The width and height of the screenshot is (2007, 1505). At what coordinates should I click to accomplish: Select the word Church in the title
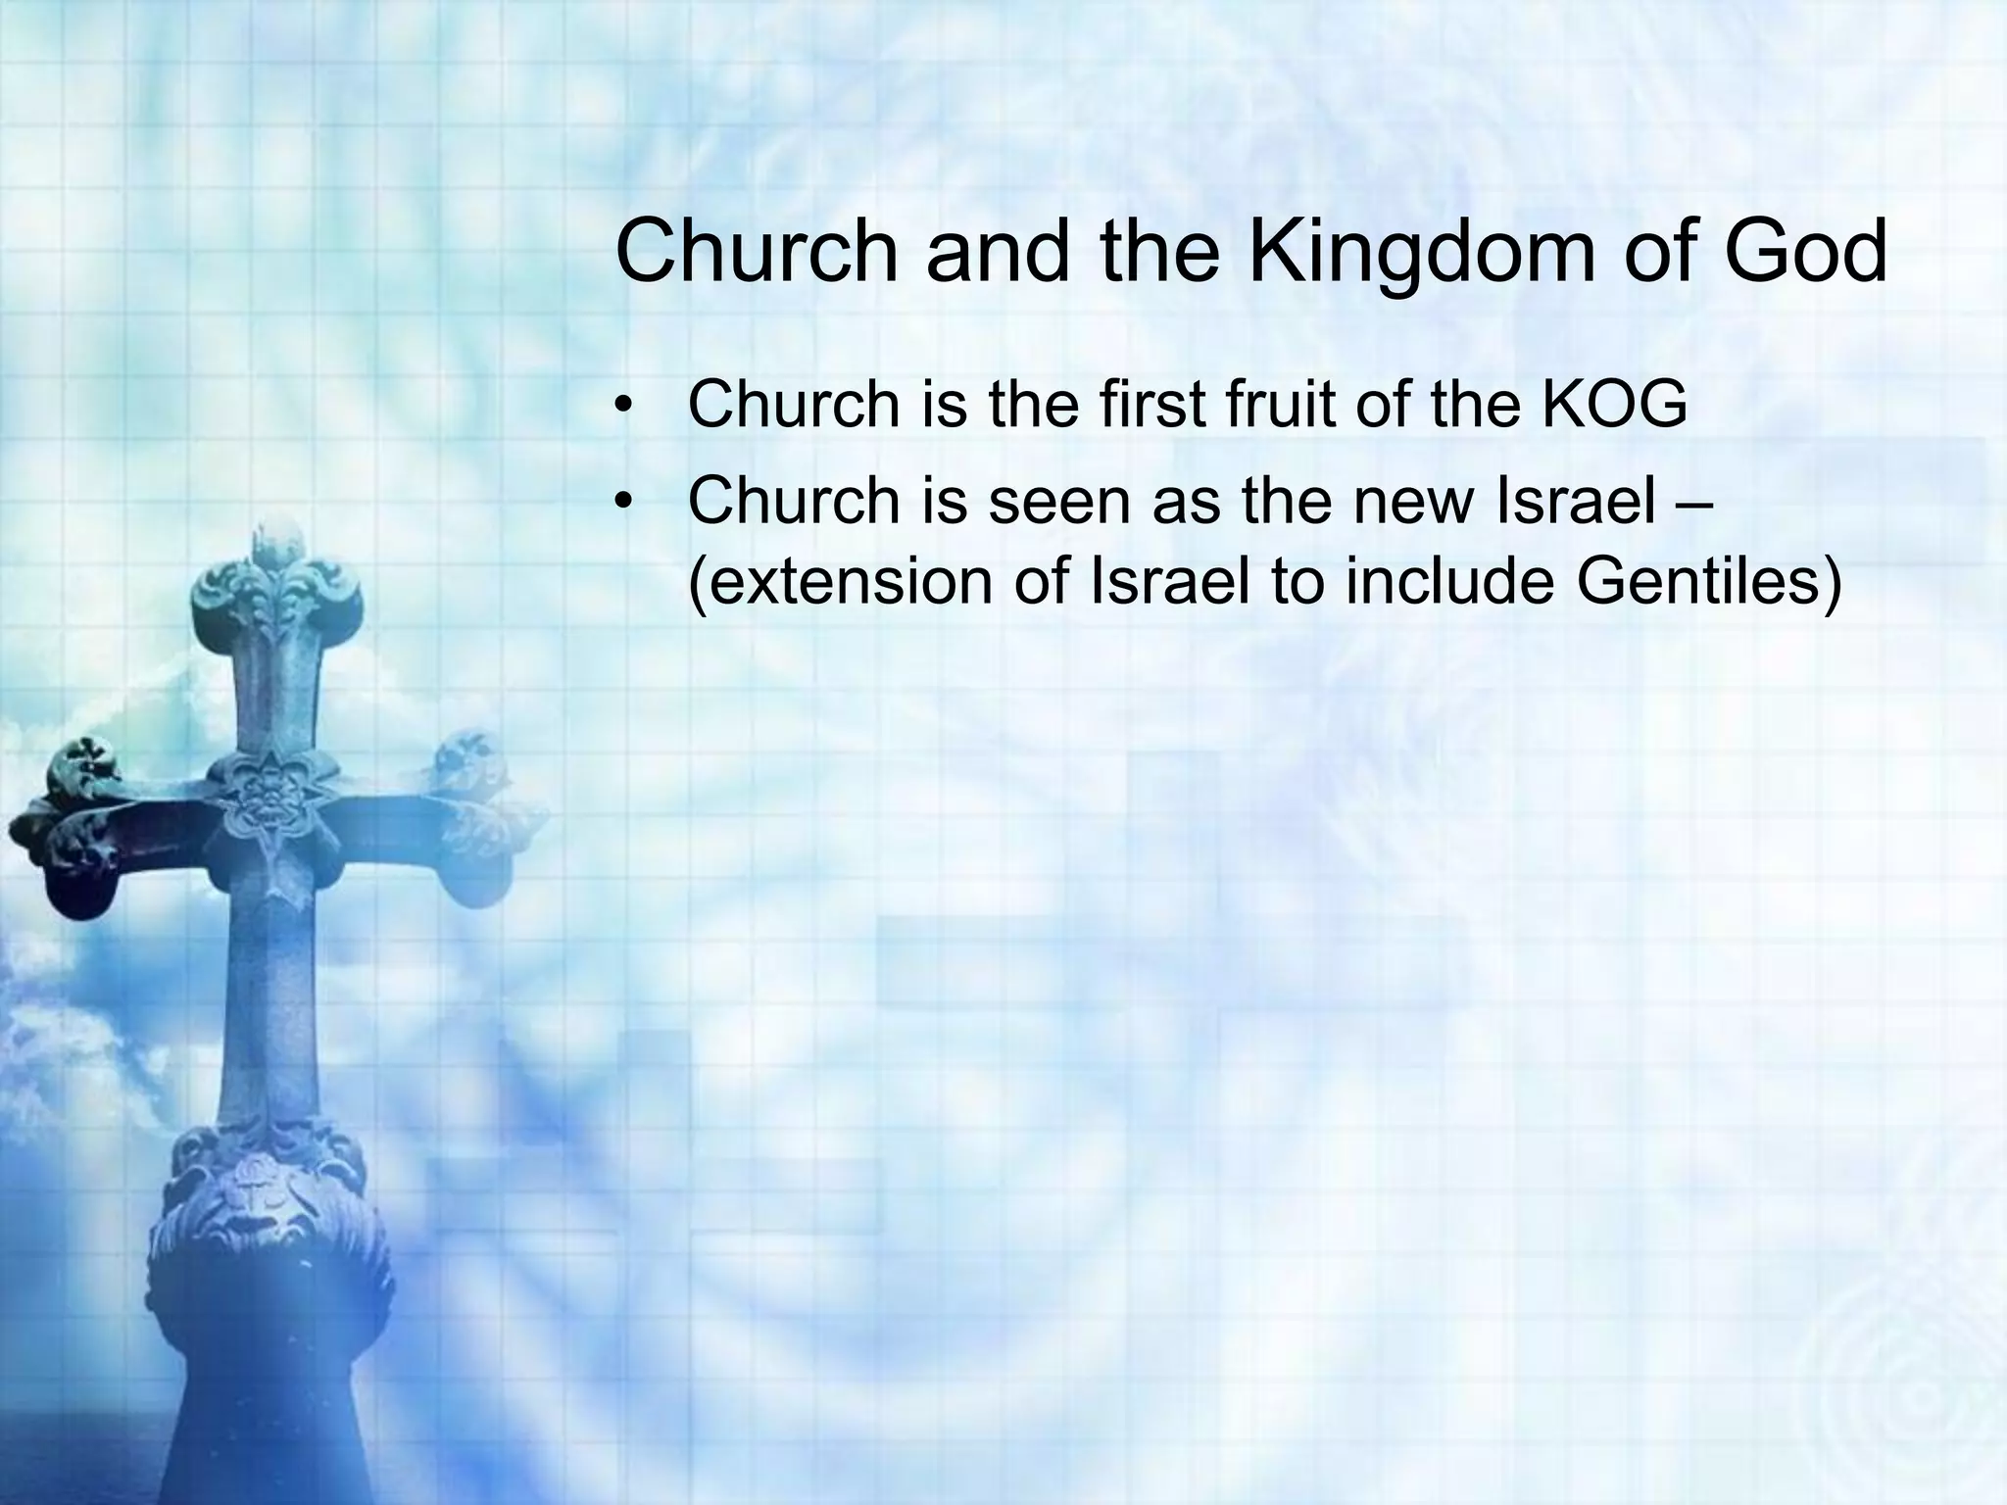[x=757, y=252]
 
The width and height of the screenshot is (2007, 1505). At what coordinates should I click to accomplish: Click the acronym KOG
[x=1614, y=404]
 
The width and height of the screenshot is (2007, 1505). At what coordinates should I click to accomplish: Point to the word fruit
[x=1279, y=404]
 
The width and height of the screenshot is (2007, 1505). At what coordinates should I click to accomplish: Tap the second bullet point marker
[x=620, y=503]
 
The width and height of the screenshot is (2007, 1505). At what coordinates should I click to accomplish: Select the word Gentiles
[x=1710, y=581]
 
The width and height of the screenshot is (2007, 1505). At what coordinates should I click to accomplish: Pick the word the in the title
[x=1160, y=252]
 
